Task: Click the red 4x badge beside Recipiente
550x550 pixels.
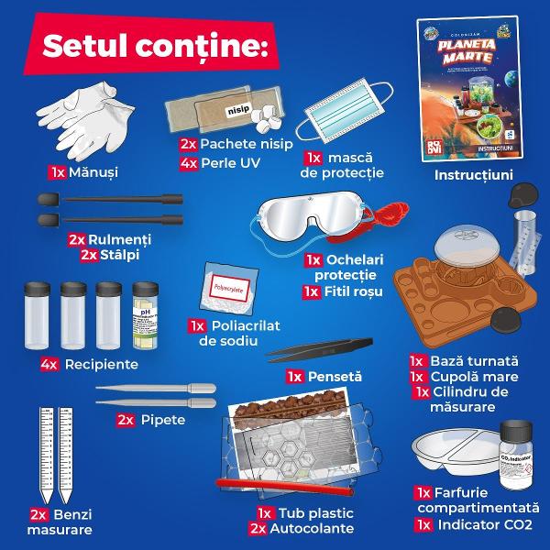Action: [50, 365]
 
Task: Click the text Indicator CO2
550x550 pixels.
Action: [480, 525]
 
